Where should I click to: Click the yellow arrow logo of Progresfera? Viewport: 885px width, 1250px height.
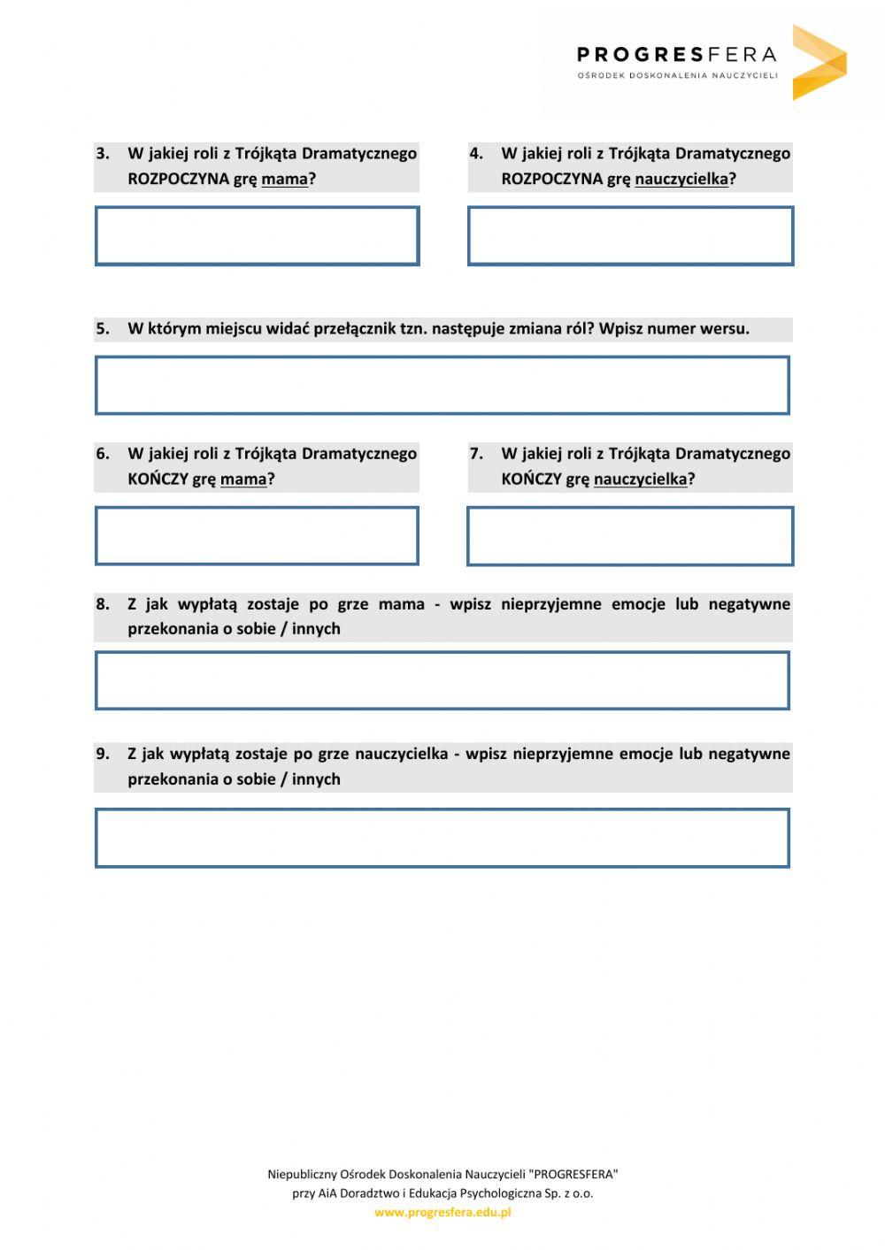(818, 62)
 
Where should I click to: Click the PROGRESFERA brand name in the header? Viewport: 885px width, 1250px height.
(676, 55)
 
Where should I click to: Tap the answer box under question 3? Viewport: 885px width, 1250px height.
(257, 236)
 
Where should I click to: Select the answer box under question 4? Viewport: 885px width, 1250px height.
(630, 236)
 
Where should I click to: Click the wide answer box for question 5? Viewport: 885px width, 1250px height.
(442, 386)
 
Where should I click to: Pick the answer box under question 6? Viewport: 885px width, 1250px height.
(257, 536)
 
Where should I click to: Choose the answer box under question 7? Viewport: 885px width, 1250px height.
(630, 536)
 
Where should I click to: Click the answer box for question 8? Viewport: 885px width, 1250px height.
(442, 681)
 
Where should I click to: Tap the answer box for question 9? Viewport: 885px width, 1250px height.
(442, 838)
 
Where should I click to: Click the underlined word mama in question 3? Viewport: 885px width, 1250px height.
(284, 180)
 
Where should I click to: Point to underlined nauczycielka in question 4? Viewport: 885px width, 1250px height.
(681, 180)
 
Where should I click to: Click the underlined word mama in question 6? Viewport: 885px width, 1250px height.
(243, 479)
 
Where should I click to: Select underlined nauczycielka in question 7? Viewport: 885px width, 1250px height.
(640, 479)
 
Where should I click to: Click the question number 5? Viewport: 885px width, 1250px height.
(103, 329)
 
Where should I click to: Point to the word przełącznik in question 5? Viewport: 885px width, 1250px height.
(351, 329)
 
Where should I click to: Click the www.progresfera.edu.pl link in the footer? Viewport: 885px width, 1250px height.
(442, 1213)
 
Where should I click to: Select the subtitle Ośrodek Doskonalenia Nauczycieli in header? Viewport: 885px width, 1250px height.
(677, 76)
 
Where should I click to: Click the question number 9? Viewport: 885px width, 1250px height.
(103, 754)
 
